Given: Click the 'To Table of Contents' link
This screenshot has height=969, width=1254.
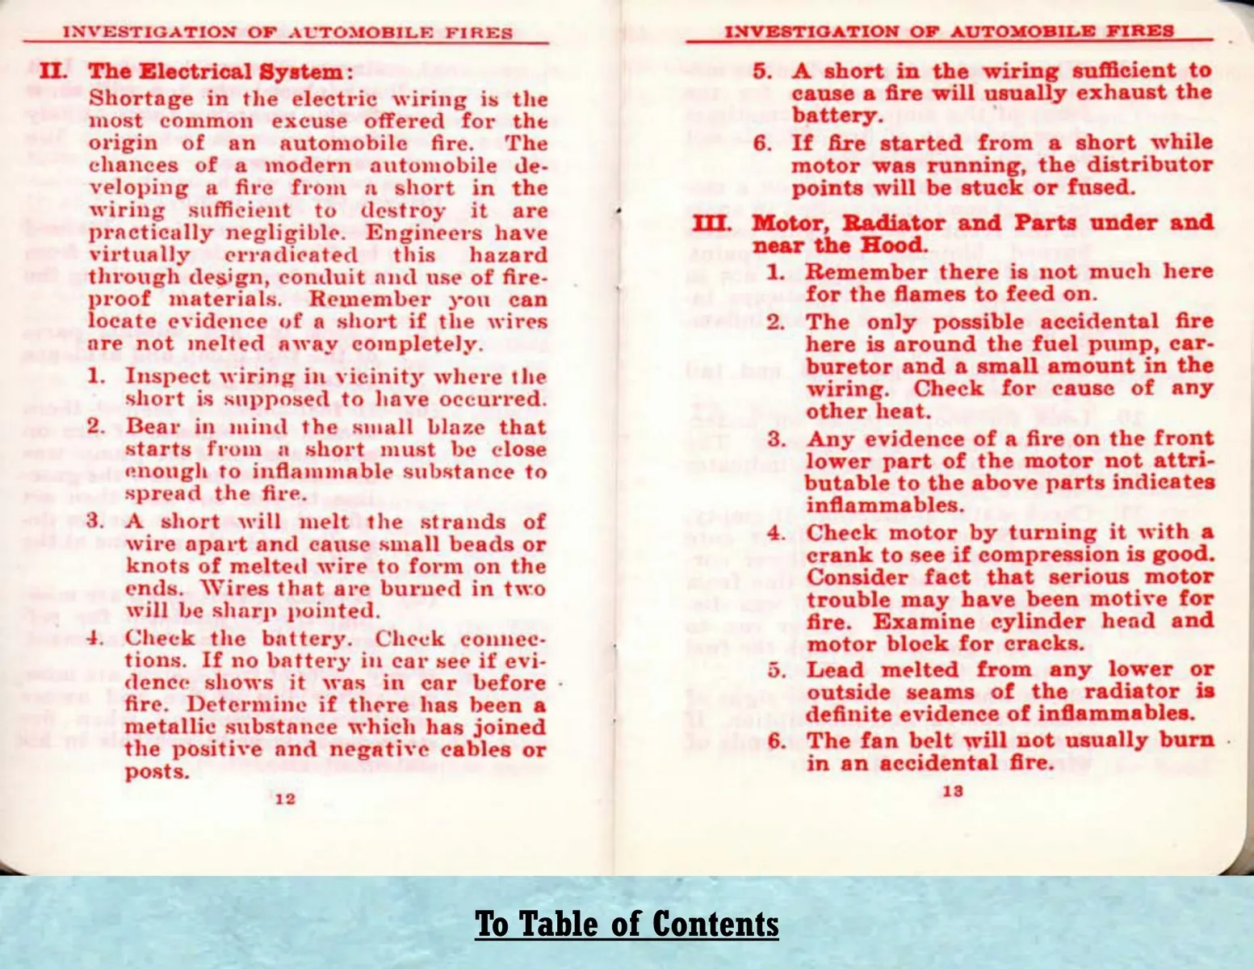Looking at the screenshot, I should click(627, 924).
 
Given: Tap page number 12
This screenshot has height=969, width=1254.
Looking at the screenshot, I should click(285, 799).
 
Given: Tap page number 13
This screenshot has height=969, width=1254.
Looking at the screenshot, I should click(953, 791).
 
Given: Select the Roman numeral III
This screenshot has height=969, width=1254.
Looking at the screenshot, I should click(712, 224).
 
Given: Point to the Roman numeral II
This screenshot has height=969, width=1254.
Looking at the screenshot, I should click(54, 71).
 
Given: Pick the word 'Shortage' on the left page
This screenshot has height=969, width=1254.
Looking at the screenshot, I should click(140, 99).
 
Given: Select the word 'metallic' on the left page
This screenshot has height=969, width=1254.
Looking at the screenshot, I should click(167, 728).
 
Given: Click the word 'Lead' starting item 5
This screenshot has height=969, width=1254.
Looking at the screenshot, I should click(835, 670).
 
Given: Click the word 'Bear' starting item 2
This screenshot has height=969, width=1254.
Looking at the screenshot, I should click(153, 427).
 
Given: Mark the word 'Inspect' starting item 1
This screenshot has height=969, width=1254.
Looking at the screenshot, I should click(168, 377).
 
